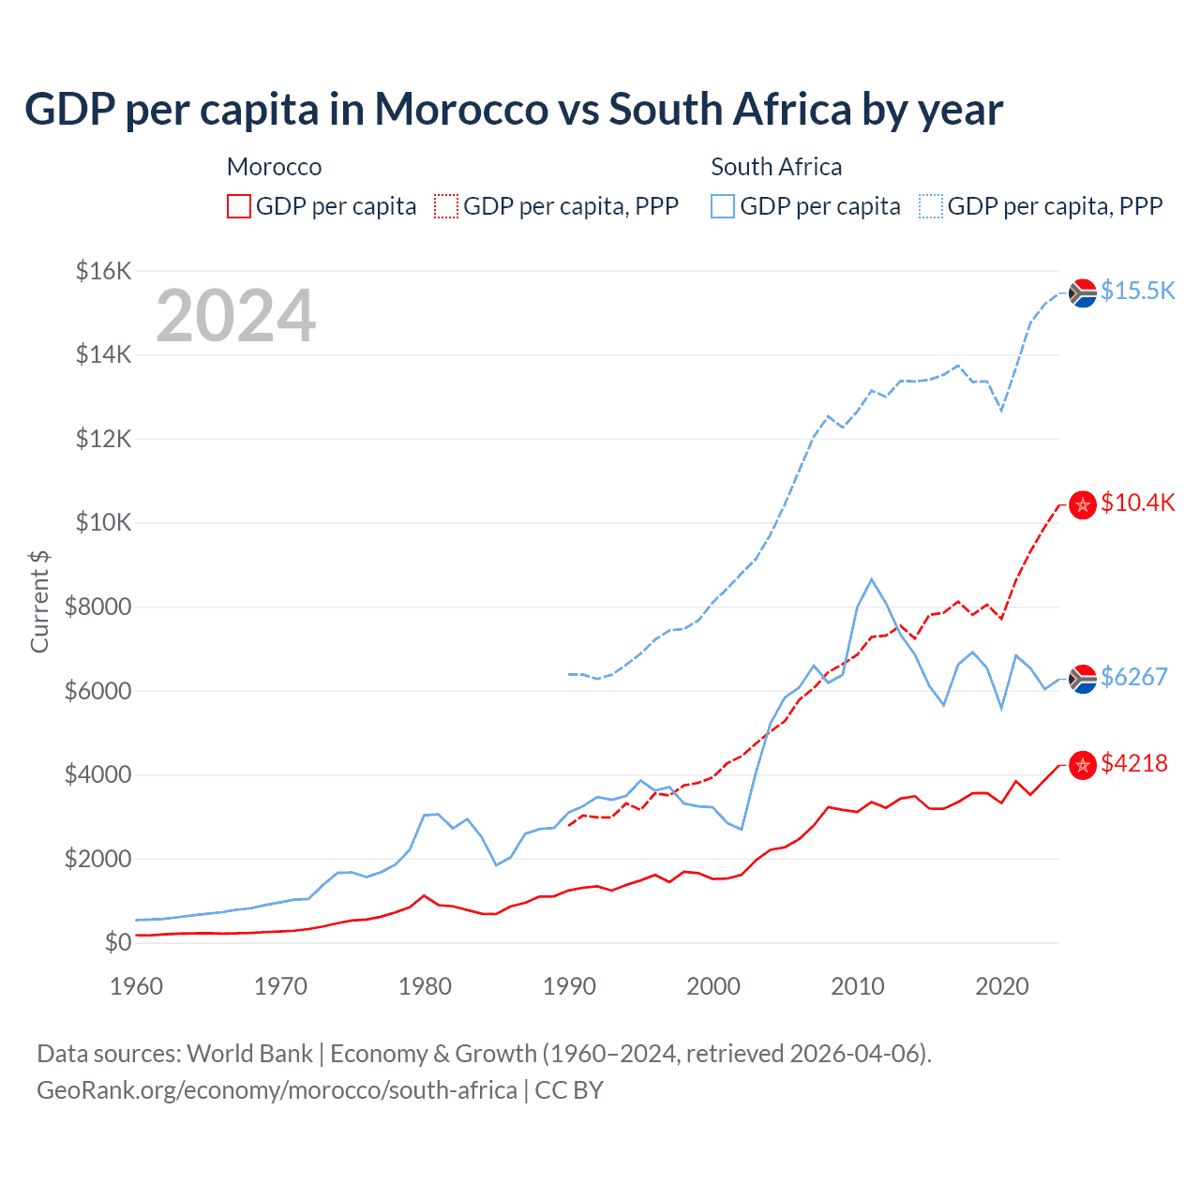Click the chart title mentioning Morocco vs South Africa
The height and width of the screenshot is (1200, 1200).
pos(513,110)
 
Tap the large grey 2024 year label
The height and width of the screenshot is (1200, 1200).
pos(235,316)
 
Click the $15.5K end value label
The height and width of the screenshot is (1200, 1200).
pos(1137,291)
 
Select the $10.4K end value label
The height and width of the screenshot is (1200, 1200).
pos(1137,502)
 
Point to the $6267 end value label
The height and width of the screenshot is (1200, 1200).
pos(1133,677)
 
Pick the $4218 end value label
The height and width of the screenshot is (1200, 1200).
pos(1133,763)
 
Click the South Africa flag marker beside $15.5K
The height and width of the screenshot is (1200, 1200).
pos(1083,293)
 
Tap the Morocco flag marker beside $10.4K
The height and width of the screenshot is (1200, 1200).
pos(1083,505)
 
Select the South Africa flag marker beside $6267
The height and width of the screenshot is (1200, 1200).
pos(1083,679)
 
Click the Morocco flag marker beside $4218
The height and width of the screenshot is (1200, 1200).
pos(1083,765)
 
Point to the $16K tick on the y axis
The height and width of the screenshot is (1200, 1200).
pos(103,272)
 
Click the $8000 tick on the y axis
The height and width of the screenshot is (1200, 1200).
pos(97,607)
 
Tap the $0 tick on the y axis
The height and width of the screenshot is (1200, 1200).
pos(117,942)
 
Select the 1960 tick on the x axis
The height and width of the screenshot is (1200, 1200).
pos(136,986)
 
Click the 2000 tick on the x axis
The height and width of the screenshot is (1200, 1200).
pos(713,986)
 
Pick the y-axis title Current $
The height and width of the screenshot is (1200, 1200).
pos(39,602)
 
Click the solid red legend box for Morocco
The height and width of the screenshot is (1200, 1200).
pos(239,206)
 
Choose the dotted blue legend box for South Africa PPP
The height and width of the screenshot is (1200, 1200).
pos(931,206)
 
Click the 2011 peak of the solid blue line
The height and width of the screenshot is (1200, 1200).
pos(872,579)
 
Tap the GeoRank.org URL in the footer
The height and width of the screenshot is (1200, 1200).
pos(277,1090)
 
